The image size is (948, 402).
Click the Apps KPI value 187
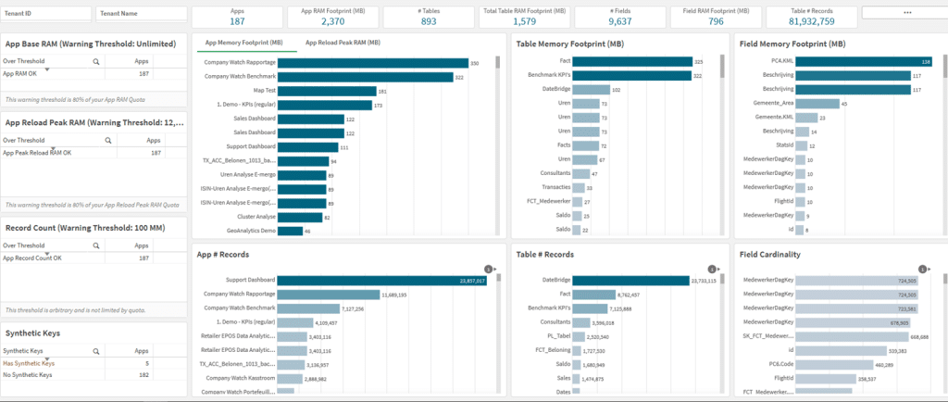(x=237, y=21)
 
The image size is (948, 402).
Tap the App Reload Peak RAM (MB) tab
(x=343, y=43)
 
